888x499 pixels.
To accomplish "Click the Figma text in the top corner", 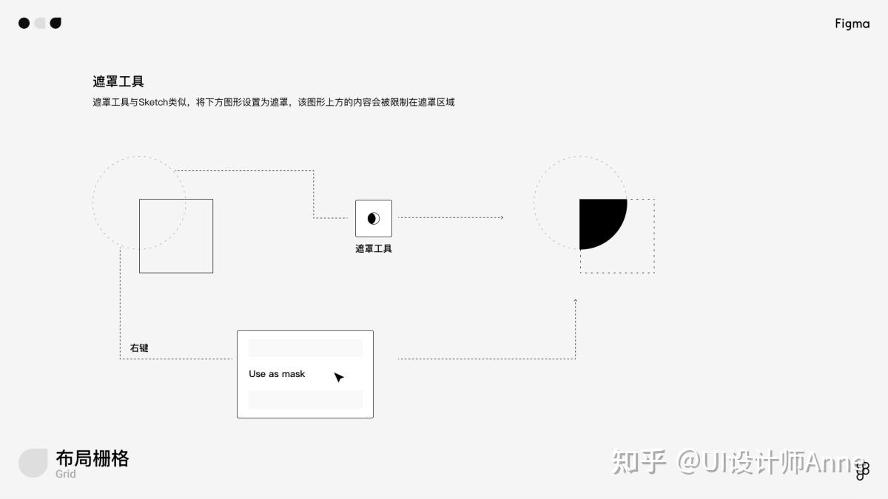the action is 852,24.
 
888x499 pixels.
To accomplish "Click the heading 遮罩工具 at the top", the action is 118,81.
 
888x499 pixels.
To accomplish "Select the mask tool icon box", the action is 374,218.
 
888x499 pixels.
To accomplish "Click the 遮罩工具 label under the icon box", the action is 374,249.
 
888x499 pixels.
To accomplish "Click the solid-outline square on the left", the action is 176,236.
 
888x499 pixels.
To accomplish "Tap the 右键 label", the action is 139,347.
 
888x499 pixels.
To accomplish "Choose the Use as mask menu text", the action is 277,374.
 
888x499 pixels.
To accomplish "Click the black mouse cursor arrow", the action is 338,377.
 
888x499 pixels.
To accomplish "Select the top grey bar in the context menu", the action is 305,348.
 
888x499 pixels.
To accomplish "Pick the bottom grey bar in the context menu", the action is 305,400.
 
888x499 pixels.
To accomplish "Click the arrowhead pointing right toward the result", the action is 501,217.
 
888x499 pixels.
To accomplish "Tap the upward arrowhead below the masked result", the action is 575,301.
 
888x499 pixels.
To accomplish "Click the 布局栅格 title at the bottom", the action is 92,458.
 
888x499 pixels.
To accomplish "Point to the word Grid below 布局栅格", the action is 66,475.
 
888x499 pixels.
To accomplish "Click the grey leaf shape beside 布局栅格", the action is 33,463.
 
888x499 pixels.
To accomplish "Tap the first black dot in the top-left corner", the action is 24,23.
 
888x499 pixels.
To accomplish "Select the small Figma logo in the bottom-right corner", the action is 862,471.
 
